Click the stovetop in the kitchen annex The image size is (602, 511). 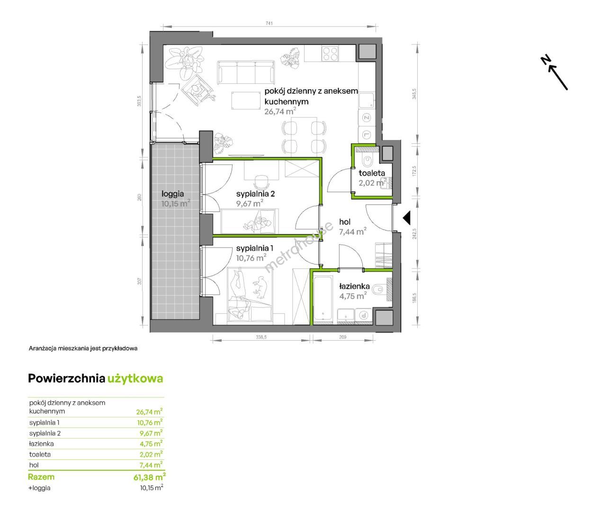[x=330, y=53]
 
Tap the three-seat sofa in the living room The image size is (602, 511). [x=246, y=72]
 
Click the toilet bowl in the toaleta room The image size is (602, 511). [x=368, y=160]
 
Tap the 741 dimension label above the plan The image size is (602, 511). [x=269, y=23]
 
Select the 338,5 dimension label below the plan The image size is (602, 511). [x=261, y=337]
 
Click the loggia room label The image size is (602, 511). [x=173, y=194]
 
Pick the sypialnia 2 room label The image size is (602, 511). [x=255, y=194]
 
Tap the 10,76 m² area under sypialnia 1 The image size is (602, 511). [x=251, y=257]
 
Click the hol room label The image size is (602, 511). [x=345, y=222]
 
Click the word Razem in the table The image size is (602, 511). [x=41, y=477]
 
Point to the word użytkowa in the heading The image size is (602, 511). [x=135, y=379]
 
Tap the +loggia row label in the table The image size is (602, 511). [x=39, y=488]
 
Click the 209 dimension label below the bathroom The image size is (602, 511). [x=343, y=337]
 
